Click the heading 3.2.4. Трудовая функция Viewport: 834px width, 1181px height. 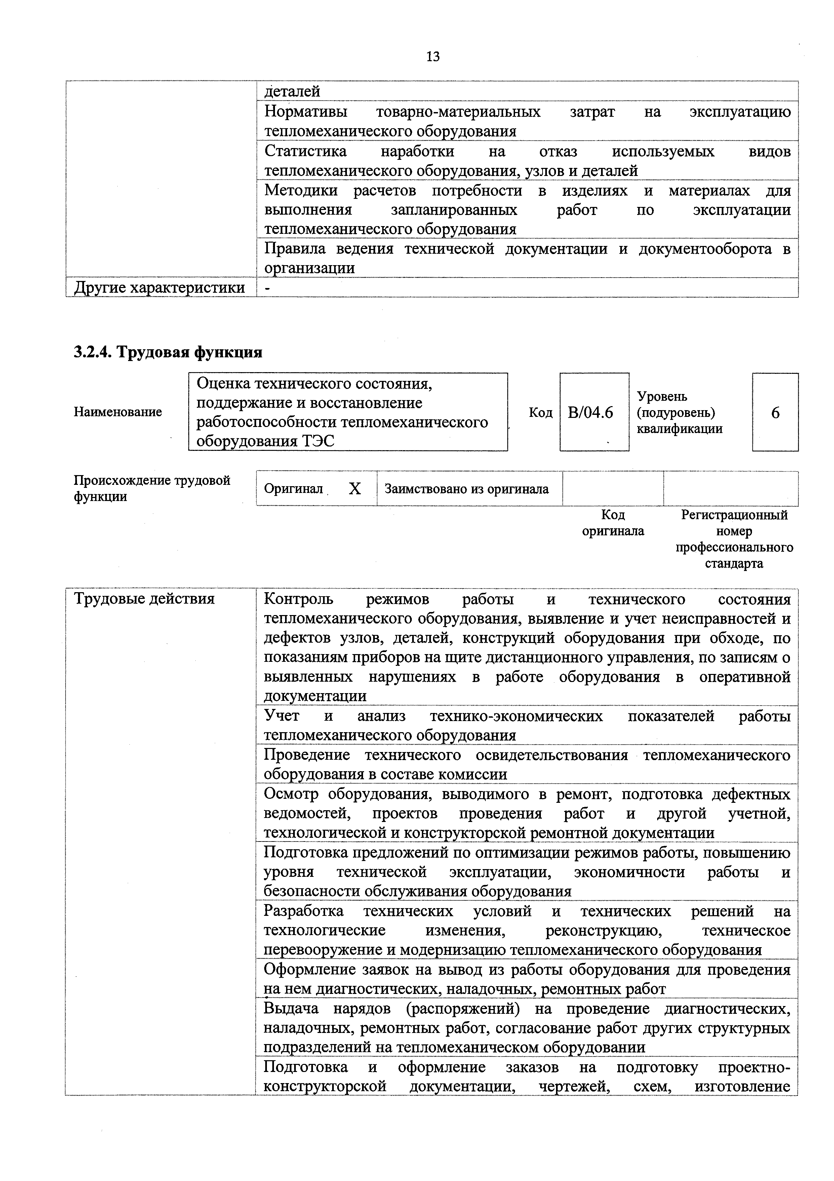click(x=168, y=352)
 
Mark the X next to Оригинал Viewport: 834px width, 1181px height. click(x=355, y=489)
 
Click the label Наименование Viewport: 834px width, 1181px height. click(x=118, y=412)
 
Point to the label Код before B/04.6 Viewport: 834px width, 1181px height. click(x=541, y=413)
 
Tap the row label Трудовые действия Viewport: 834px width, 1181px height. click(x=145, y=599)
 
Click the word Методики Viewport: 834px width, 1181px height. click(x=301, y=190)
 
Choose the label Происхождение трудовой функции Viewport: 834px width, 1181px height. click(x=152, y=488)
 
